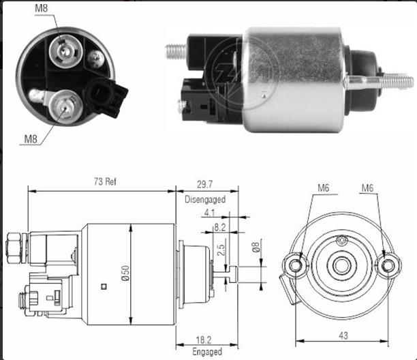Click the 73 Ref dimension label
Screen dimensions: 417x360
coord(105,181)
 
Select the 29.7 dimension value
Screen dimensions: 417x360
coord(204,184)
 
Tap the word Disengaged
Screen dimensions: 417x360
coord(205,199)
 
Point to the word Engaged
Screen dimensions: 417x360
coord(207,352)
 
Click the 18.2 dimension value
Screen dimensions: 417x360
coord(204,340)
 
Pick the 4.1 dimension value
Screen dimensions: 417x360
coord(209,213)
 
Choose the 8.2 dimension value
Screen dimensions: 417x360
coord(220,227)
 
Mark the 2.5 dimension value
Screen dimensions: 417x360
coord(221,250)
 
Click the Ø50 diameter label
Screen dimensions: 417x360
coord(125,273)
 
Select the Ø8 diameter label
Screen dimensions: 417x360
coord(256,247)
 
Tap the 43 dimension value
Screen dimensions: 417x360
coord(343,335)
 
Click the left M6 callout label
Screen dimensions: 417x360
coord(324,188)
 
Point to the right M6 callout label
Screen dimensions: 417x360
coord(367,188)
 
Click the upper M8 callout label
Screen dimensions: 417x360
coord(41,8)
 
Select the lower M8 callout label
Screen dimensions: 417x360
coord(31,139)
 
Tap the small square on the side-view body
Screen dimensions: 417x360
coord(104,286)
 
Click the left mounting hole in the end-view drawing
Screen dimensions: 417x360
coord(295,265)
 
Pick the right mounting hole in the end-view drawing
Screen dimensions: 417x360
coord(388,265)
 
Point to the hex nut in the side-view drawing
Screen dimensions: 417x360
coord(14,247)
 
